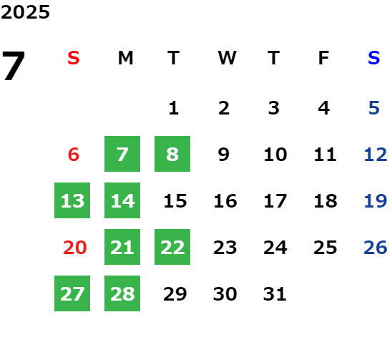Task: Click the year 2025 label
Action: click(x=25, y=12)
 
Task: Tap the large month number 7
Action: click(x=14, y=66)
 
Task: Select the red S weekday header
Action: click(x=74, y=58)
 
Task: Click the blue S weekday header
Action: click(x=373, y=58)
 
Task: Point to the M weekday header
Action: click(x=125, y=58)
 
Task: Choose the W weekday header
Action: click(x=227, y=58)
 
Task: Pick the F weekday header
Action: click(x=323, y=58)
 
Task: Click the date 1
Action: click(x=174, y=108)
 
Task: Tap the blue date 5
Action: click(x=374, y=108)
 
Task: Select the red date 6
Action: click(x=74, y=155)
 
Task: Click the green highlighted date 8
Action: click(x=172, y=154)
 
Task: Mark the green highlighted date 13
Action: click(x=72, y=200)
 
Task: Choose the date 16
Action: click(x=225, y=201)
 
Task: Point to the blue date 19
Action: click(x=376, y=201)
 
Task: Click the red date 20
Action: click(x=74, y=248)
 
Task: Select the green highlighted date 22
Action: click(x=172, y=247)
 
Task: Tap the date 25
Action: click(x=325, y=248)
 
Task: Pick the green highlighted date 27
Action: click(x=72, y=293)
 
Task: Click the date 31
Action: click(x=275, y=294)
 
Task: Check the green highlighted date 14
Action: click(x=122, y=200)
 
